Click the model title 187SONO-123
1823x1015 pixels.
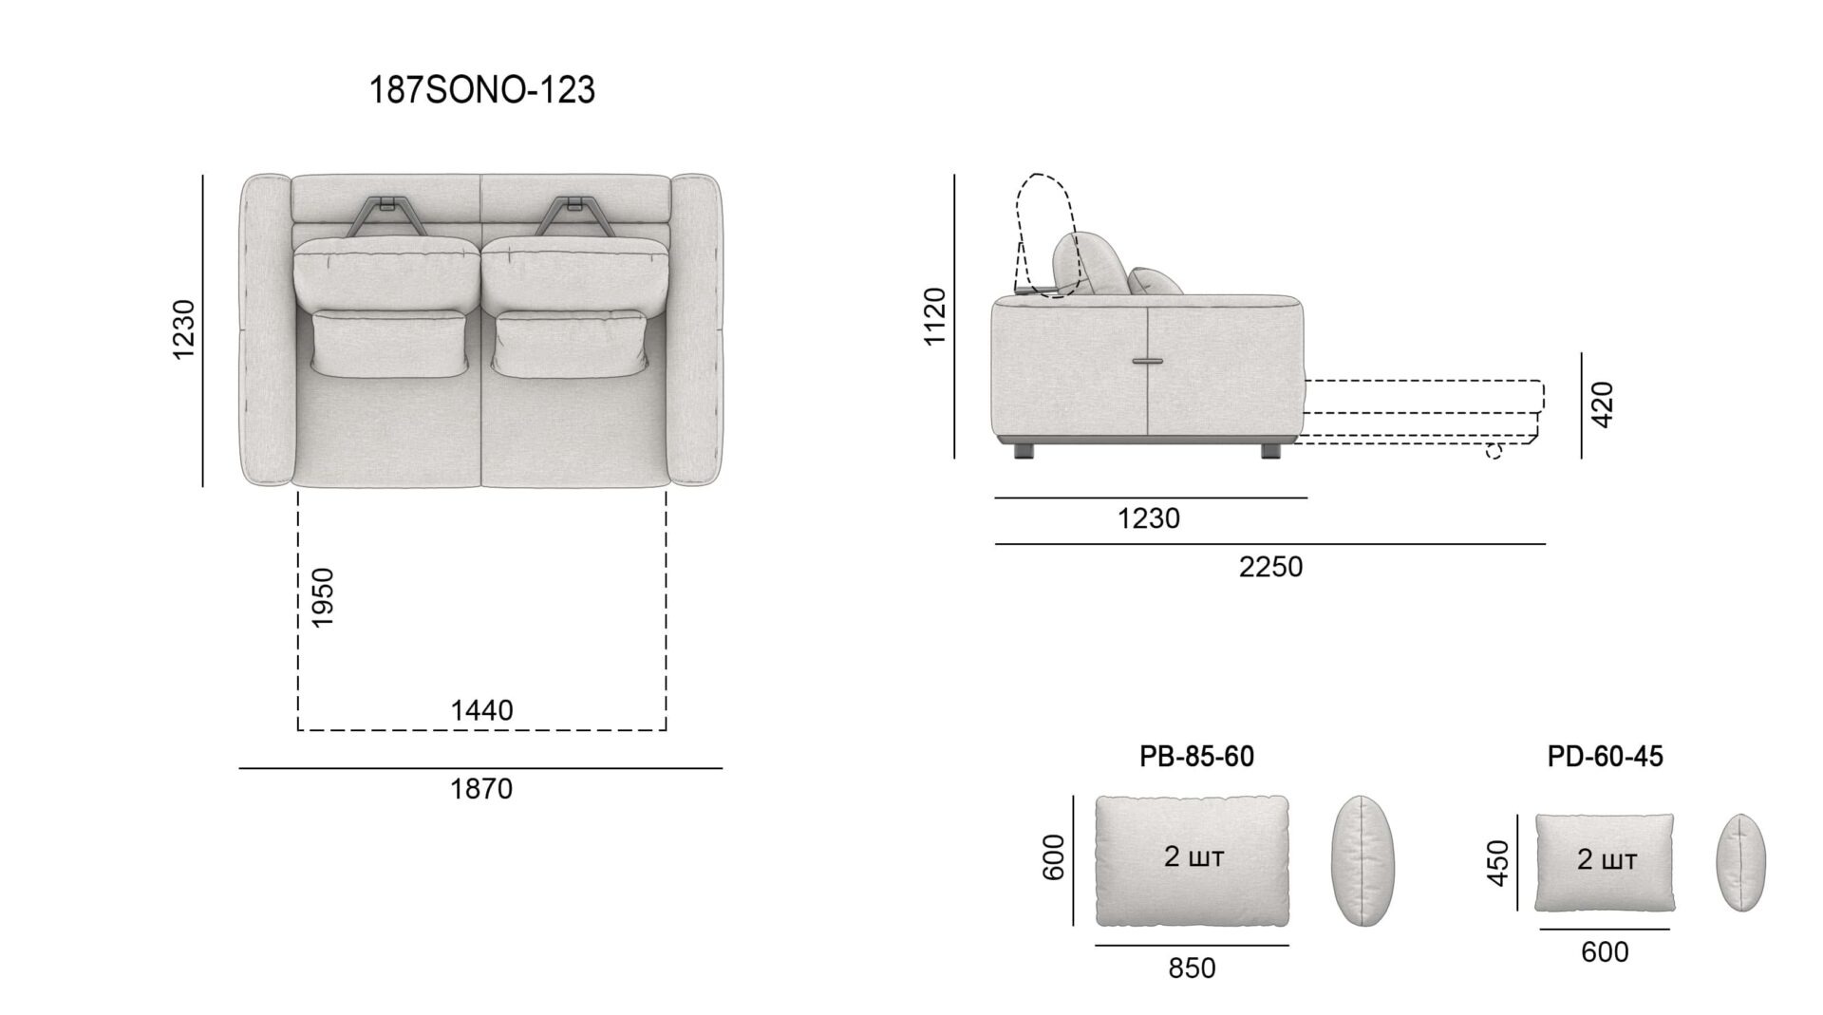pos(481,90)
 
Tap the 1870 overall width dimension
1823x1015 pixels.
pos(481,789)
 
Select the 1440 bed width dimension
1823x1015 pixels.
pos(481,710)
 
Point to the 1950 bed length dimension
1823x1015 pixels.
pos(323,597)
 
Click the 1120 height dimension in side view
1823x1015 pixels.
pos(935,316)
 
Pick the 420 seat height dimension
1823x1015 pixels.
pos(1602,404)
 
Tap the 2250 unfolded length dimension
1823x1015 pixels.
pos(1270,567)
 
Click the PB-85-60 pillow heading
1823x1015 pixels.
pos(1196,756)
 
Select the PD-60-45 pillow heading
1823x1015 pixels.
pos(1605,756)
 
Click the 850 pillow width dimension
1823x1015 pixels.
pos(1192,968)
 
